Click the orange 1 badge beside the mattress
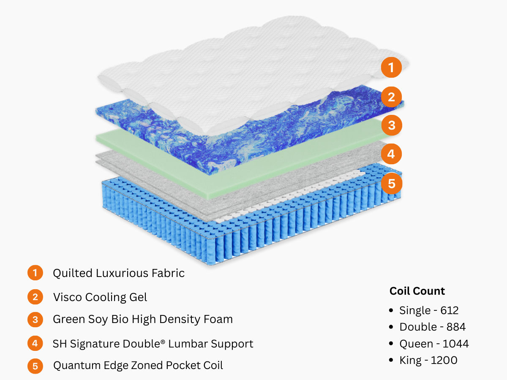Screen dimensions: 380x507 coord(391,68)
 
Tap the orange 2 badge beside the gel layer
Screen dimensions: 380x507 coord(391,97)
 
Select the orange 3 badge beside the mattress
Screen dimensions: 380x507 coord(391,125)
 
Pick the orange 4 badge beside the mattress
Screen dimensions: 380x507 coord(391,154)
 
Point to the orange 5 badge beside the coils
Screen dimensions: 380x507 coord(391,183)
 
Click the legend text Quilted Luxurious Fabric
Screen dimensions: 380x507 coord(119,273)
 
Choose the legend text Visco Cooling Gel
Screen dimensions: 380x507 coord(100,297)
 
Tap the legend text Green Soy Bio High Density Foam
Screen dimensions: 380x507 coord(143,319)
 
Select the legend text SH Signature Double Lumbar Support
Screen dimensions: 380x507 coord(153,344)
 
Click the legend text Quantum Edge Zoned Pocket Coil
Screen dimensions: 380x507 coord(138,365)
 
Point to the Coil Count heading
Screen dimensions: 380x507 coord(417,291)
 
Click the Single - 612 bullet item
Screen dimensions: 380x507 coord(429,311)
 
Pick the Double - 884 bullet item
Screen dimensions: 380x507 coord(433,327)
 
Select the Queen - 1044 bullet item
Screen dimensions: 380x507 coord(434,344)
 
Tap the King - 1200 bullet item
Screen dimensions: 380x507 coord(428,360)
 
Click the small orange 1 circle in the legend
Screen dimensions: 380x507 coord(35,273)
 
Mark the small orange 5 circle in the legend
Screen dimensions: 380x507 coord(35,366)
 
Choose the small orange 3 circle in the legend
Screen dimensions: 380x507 coord(35,319)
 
